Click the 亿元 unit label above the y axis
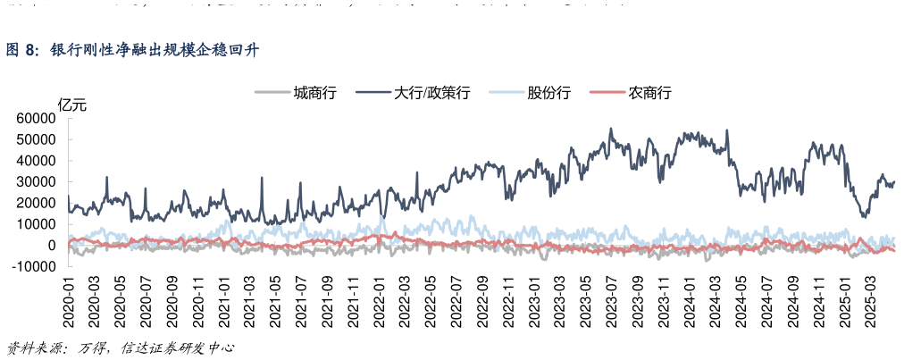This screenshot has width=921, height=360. pyautogui.click(x=72, y=105)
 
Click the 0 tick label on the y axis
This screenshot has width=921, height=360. pyautogui.click(x=53, y=245)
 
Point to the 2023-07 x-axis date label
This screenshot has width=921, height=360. pyautogui.click(x=614, y=304)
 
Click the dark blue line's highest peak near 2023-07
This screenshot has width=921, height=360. pyautogui.click(x=611, y=129)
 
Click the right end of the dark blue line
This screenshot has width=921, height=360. pyautogui.click(x=894, y=181)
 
